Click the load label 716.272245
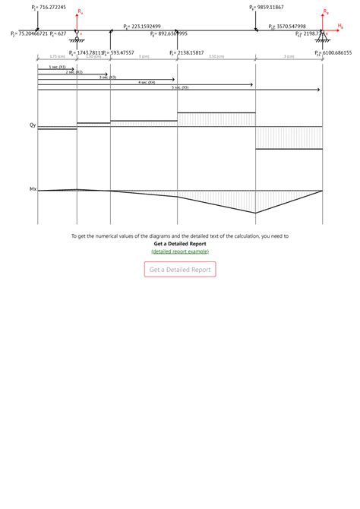click(51, 7)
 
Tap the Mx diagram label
click(32, 189)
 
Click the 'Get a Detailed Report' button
click(180, 269)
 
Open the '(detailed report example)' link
click(180, 251)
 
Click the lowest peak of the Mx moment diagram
click(256, 213)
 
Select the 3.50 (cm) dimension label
click(216, 57)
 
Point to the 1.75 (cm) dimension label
click(57, 57)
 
